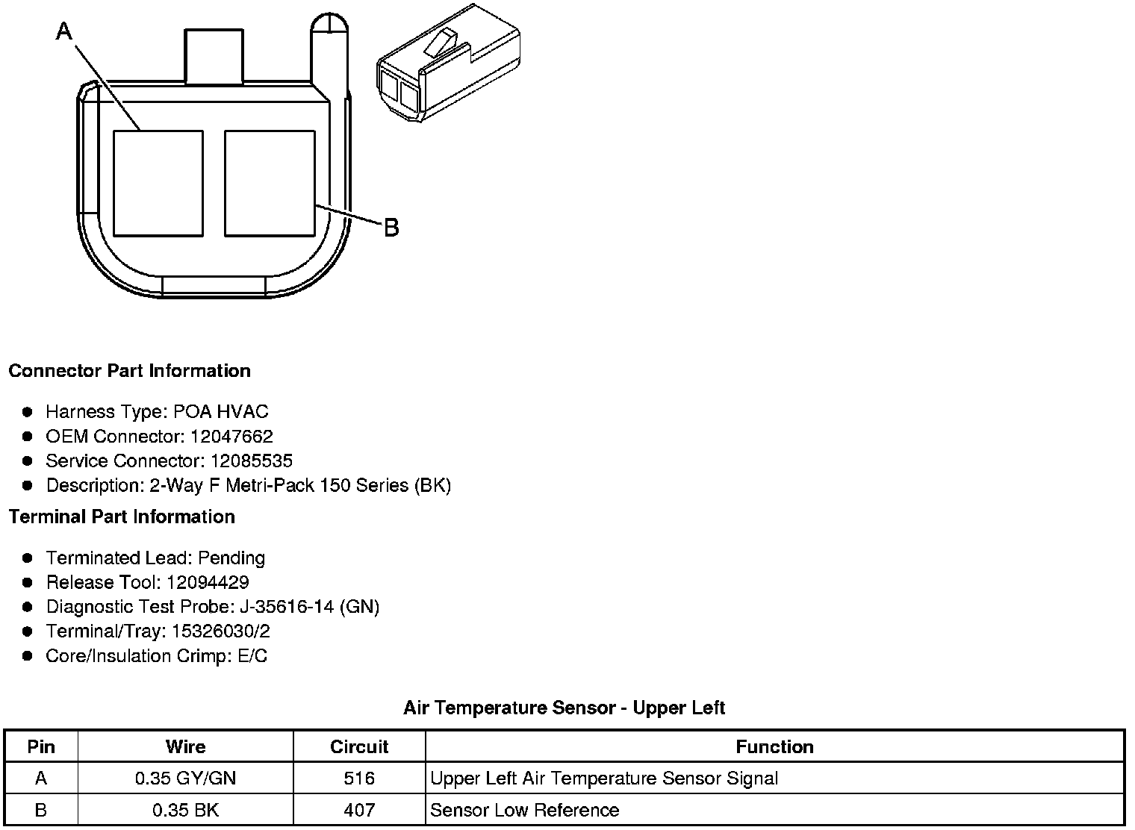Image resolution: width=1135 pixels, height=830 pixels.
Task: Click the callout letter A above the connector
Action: (x=64, y=31)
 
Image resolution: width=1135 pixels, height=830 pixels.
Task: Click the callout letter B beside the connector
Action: (x=392, y=228)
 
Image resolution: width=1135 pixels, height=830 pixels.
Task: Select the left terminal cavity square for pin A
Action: (x=158, y=184)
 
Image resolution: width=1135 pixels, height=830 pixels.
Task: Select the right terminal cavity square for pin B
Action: (x=270, y=184)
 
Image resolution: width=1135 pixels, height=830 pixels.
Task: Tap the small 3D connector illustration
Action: (x=449, y=63)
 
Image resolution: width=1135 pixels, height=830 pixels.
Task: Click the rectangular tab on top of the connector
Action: (x=214, y=56)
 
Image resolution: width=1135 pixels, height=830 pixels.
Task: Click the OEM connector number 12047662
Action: (x=231, y=436)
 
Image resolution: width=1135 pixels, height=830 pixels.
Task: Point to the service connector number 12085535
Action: (x=252, y=461)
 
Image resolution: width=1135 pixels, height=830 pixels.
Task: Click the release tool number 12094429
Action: (x=208, y=582)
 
